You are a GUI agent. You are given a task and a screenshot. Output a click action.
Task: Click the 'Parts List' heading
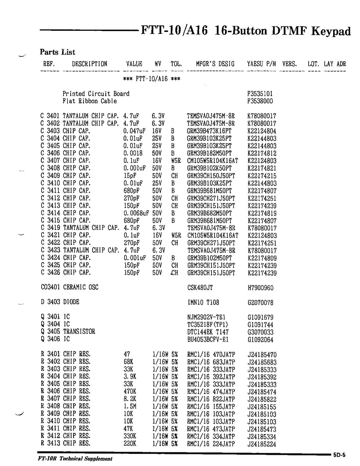coord(58,52)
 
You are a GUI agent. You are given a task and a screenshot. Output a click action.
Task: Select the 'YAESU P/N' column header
coord(261,64)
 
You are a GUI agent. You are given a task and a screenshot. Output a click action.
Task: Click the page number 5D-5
coord(339,454)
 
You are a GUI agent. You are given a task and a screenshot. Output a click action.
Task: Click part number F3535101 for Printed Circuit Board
coord(260,94)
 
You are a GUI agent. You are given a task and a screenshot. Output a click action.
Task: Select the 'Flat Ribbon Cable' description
coord(90,101)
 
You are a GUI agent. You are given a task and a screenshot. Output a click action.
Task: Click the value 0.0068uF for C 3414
coord(136,213)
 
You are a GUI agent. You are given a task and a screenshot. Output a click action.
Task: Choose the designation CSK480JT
coord(200,287)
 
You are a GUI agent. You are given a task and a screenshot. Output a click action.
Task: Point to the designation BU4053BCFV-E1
coord(208,339)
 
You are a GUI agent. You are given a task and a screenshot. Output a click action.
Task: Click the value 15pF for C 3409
coord(130,175)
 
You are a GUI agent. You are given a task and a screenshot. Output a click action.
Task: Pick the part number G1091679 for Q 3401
coord(260,317)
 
